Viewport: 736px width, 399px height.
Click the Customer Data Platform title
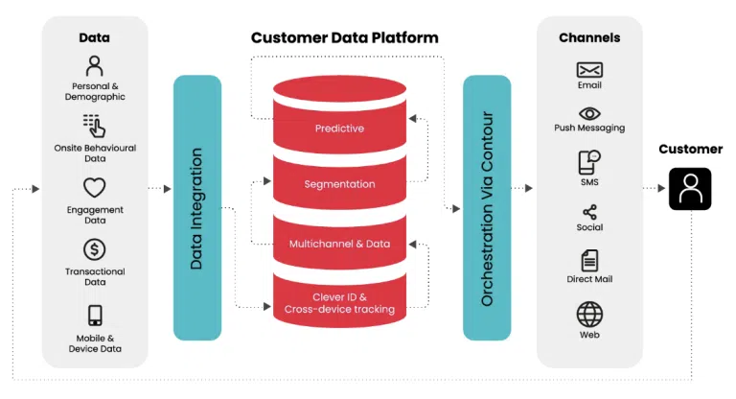click(344, 38)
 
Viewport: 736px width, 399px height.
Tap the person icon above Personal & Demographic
click(94, 66)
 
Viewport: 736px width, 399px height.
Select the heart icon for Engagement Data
click(94, 188)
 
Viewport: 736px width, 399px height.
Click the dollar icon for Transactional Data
click(94, 250)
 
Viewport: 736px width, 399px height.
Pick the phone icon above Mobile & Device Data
click(94, 316)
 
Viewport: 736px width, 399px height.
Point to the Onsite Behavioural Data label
click(94, 153)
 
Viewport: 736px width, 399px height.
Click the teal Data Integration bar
click(196, 207)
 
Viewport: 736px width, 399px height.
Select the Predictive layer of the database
click(339, 128)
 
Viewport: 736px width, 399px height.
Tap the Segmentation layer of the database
click(339, 183)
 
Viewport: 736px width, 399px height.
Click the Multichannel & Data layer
click(339, 244)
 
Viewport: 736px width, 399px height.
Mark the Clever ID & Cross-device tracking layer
click(339, 303)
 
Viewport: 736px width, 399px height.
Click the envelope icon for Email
click(589, 70)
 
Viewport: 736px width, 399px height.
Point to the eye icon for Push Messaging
click(589, 113)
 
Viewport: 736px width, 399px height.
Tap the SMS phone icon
click(589, 161)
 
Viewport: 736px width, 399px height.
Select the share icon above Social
click(589, 212)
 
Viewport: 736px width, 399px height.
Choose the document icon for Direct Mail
click(589, 260)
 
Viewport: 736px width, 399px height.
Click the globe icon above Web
click(589, 314)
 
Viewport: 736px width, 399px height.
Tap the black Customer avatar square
click(690, 189)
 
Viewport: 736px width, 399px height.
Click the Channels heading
click(589, 38)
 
